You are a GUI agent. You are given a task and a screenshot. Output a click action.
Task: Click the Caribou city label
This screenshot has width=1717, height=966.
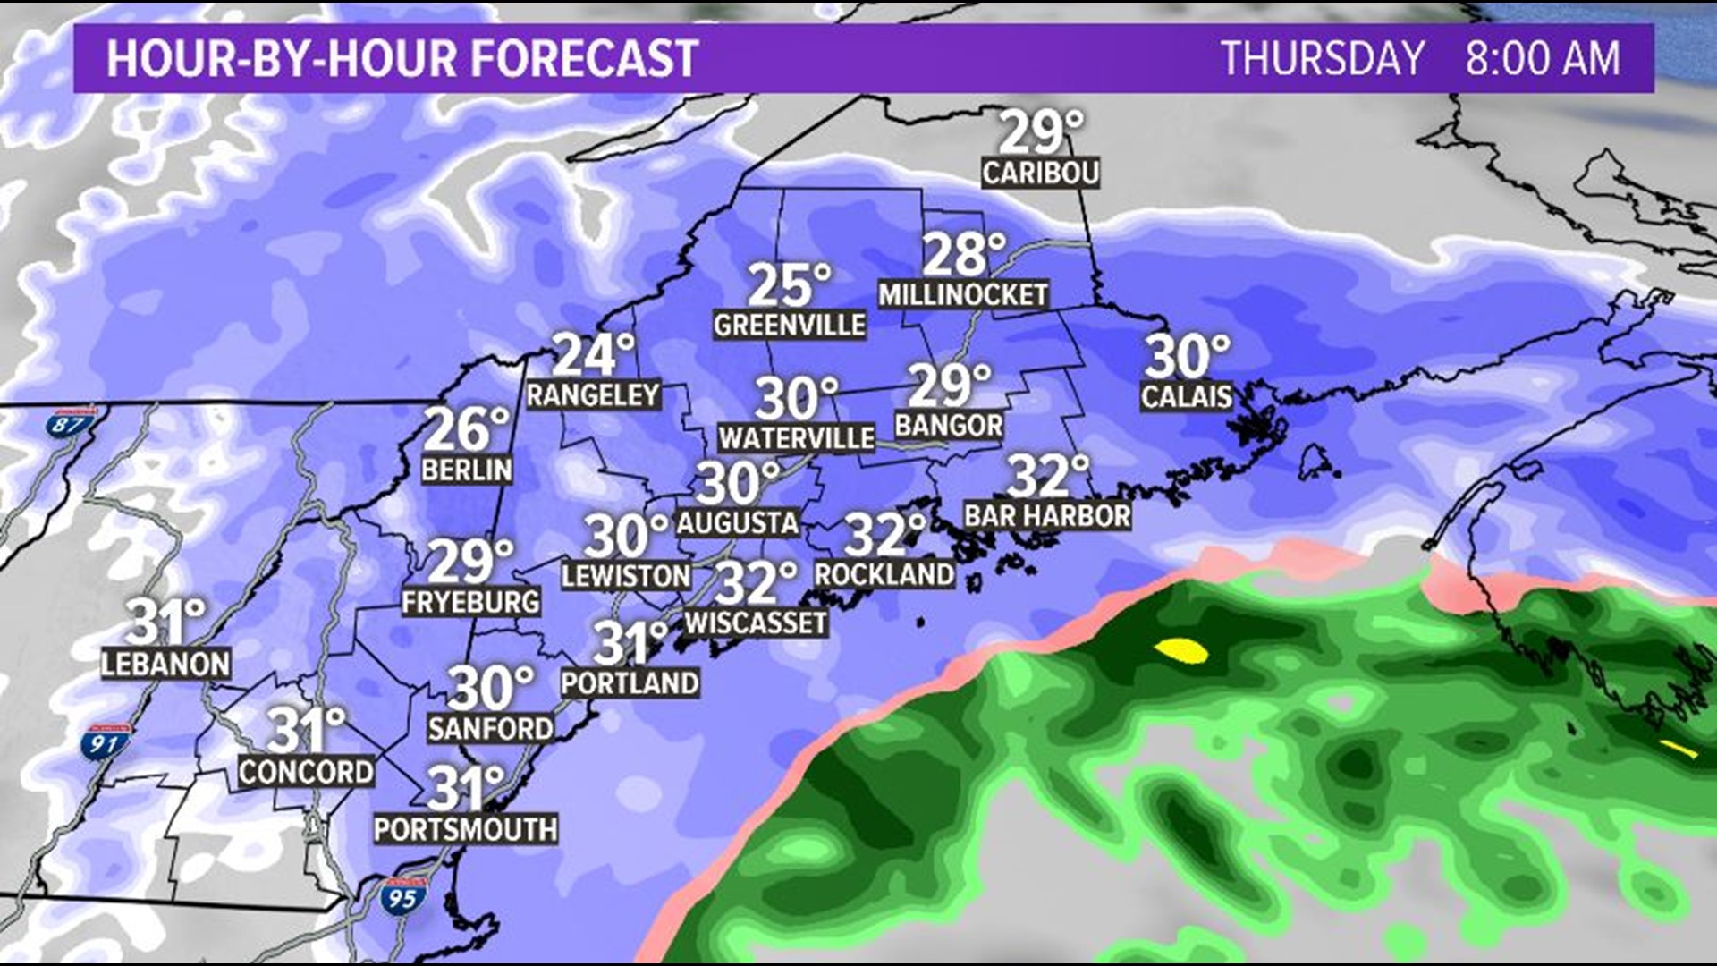1040,173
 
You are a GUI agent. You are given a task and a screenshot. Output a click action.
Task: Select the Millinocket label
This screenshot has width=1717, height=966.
963,294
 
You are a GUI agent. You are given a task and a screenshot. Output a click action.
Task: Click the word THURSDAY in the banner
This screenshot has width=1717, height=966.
1323,59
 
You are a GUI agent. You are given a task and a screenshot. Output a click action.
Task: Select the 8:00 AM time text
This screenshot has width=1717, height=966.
1542,59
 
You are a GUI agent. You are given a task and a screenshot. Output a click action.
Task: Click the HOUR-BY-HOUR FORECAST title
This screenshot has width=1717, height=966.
402,59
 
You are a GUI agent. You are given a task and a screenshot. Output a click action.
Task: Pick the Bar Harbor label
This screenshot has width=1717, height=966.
1047,515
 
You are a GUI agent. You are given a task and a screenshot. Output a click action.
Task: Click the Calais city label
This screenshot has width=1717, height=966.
1186,396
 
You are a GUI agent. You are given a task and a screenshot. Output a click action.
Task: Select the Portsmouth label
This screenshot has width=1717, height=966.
465,829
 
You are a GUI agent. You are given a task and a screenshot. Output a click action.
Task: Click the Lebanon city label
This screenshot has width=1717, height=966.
166,664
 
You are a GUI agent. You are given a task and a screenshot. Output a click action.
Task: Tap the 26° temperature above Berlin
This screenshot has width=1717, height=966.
465,430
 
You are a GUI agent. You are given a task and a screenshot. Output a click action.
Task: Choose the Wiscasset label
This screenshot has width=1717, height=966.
756,623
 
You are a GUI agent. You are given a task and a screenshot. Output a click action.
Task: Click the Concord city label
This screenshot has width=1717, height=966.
306,771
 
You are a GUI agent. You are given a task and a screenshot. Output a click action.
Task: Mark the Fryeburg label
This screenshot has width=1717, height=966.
470,602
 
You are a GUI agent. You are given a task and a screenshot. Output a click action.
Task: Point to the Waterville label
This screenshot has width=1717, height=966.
796,437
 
